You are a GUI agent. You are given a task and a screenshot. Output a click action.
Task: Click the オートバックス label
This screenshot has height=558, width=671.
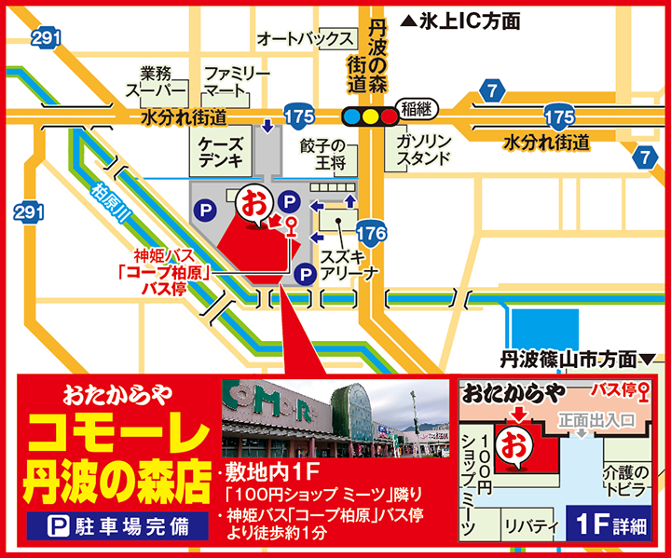coord(307,39)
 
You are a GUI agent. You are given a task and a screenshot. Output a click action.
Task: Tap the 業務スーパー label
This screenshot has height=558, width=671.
coord(156,81)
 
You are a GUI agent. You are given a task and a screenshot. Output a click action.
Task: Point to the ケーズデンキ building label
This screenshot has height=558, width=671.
coord(221,152)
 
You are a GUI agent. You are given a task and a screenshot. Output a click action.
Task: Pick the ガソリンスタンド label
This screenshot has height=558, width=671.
coord(423,148)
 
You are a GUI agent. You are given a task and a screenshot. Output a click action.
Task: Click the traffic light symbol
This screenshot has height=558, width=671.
coord(370,116)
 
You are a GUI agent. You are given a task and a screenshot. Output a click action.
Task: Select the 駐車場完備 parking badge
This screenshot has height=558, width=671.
coord(117,525)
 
